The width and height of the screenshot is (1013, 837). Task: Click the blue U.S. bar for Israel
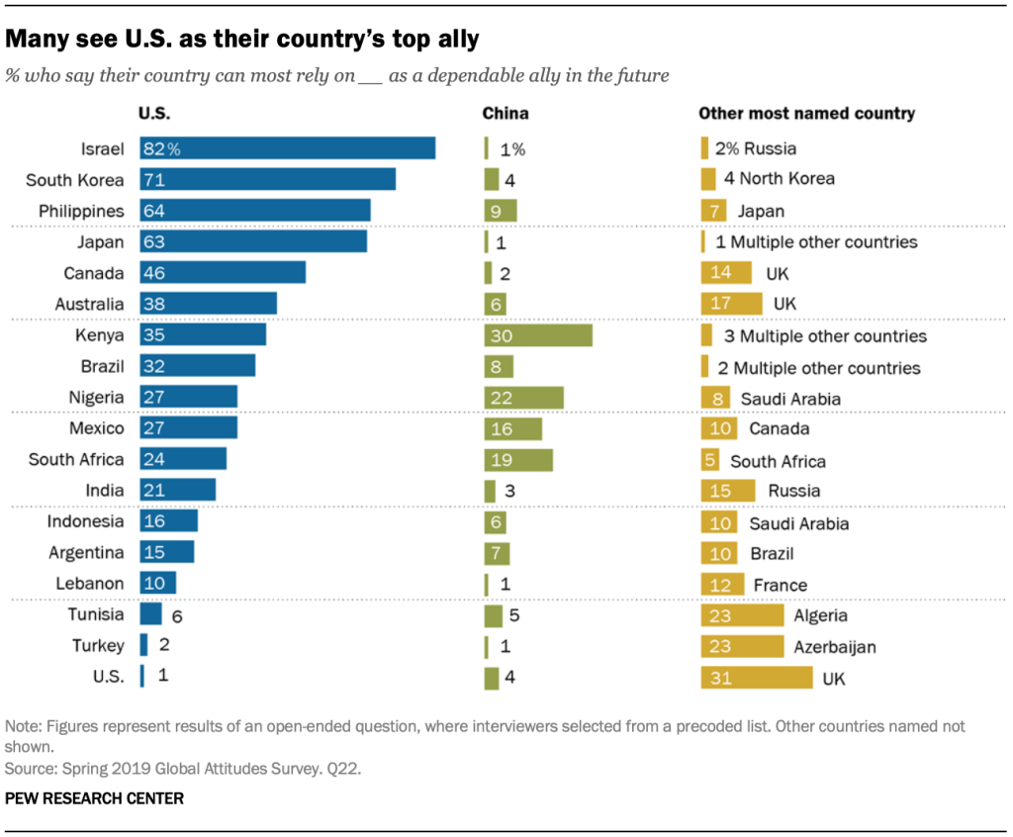288,148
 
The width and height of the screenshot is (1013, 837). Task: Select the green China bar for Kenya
538,335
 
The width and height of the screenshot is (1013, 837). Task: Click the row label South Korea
75,180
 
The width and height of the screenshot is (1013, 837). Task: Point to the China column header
506,114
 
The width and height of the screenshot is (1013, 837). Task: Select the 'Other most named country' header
806,114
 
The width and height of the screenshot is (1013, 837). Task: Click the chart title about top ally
242,40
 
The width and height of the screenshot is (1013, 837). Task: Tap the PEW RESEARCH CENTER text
95,797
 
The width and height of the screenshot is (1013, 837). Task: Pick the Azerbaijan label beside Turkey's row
835,647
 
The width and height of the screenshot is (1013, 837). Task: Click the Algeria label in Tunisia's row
820,615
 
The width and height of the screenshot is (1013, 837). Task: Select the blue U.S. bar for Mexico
189,428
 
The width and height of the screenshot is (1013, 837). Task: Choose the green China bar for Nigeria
524,398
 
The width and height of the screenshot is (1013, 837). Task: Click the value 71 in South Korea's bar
153,180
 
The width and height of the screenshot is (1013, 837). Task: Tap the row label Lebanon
91,584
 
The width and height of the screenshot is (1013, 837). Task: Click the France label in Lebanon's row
781,585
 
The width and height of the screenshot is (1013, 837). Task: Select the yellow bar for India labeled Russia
727,491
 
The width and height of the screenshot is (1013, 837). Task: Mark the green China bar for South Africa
518,460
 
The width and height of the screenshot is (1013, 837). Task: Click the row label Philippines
81,211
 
